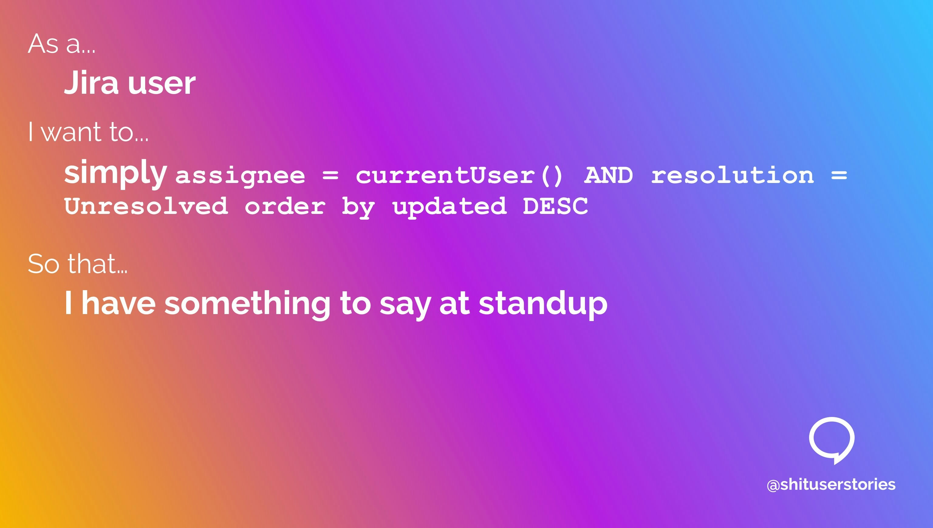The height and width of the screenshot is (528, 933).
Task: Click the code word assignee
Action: pos(240,176)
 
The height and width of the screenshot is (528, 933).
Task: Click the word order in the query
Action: pos(285,206)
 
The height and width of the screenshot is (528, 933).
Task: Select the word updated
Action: pos(449,206)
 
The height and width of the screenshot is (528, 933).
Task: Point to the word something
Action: pos(248,304)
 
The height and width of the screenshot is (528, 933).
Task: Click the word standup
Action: pos(543,304)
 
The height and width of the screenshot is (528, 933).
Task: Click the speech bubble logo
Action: pos(831,439)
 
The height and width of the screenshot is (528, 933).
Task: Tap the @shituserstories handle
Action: pos(831,485)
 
